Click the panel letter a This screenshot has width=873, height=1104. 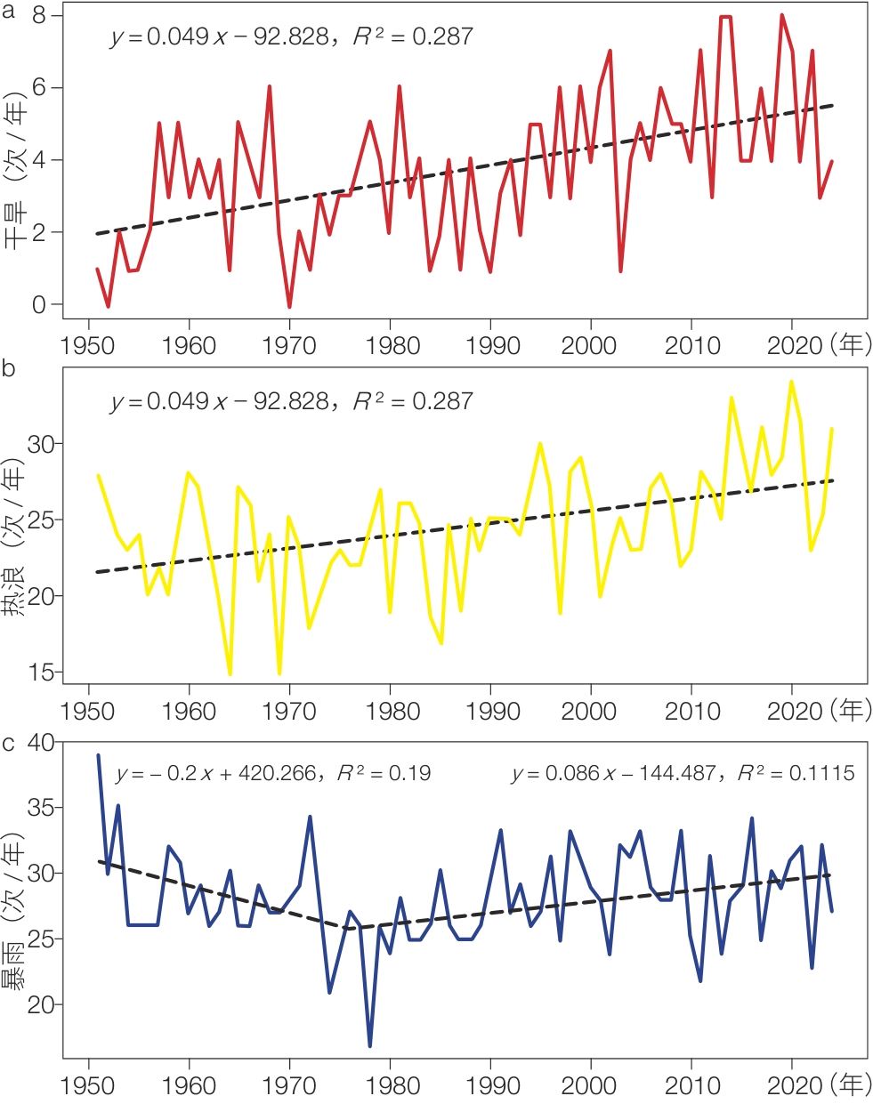9,12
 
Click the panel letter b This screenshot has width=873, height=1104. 9,368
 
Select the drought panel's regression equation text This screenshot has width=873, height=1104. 292,36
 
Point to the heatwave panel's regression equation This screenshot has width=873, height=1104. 292,401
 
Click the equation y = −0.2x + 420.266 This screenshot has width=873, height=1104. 273,773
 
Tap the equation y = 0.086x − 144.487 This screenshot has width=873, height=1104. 683,773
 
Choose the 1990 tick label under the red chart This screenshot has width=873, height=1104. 492,345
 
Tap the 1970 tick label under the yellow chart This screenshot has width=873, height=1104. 289,711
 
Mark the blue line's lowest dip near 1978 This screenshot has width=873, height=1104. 369,1044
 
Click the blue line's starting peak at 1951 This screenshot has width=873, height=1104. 98,755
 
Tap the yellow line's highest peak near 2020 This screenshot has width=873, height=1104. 791,382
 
